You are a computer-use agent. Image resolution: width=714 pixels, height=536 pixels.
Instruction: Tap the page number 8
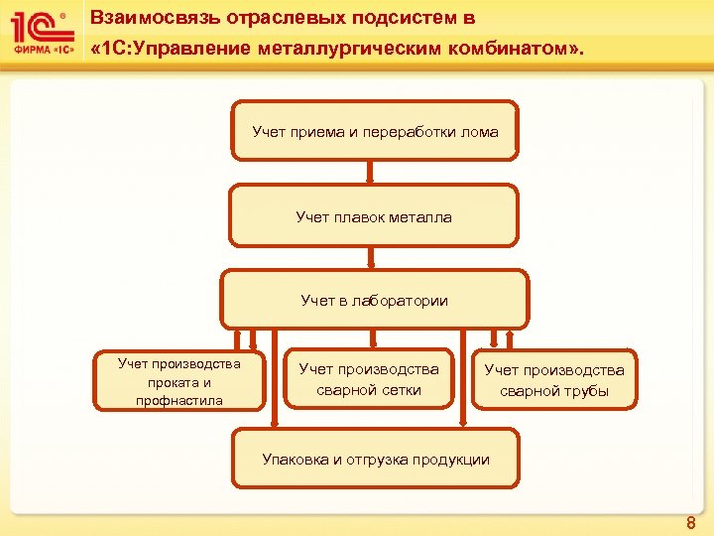click(x=691, y=523)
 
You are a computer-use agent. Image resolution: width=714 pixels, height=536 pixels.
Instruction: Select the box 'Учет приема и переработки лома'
click(x=374, y=130)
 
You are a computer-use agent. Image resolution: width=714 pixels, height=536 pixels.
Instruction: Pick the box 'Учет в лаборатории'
click(x=374, y=300)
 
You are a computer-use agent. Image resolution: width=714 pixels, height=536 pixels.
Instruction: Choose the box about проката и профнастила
click(x=179, y=381)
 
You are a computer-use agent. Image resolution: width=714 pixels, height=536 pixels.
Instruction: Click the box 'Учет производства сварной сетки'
click(x=368, y=379)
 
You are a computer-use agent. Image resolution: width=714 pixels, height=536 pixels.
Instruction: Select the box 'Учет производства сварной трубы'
click(x=553, y=379)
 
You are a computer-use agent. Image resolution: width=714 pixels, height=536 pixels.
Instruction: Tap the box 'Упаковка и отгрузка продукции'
click(x=375, y=458)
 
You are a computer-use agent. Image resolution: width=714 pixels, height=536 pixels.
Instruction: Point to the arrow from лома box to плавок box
click(x=370, y=172)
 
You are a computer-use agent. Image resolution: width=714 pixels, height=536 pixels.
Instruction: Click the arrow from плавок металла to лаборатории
click(x=370, y=257)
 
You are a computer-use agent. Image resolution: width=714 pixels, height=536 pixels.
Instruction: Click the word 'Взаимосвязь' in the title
click(x=151, y=18)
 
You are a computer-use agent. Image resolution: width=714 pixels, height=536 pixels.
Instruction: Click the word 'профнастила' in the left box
click(x=178, y=400)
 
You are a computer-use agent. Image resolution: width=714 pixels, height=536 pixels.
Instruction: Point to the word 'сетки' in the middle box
click(x=400, y=390)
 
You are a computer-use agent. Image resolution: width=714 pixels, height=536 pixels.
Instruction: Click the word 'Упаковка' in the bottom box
click(x=296, y=459)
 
